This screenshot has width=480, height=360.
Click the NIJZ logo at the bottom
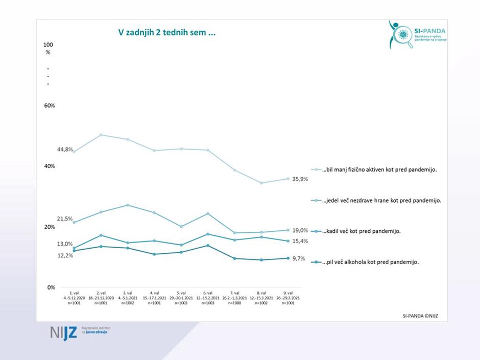79,332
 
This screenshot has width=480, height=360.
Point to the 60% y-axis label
50,106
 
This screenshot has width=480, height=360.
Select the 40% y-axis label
50,166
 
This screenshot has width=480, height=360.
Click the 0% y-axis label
51,287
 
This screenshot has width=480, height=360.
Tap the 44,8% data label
65,149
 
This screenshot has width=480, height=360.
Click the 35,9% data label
301,180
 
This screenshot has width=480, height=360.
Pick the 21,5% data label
65,219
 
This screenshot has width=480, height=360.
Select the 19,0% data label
300,230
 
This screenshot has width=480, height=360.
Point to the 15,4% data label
300,241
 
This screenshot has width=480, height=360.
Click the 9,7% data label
299,259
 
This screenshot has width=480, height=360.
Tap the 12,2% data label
65,255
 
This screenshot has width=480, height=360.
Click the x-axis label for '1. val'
75,298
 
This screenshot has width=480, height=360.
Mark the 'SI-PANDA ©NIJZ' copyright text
420,316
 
